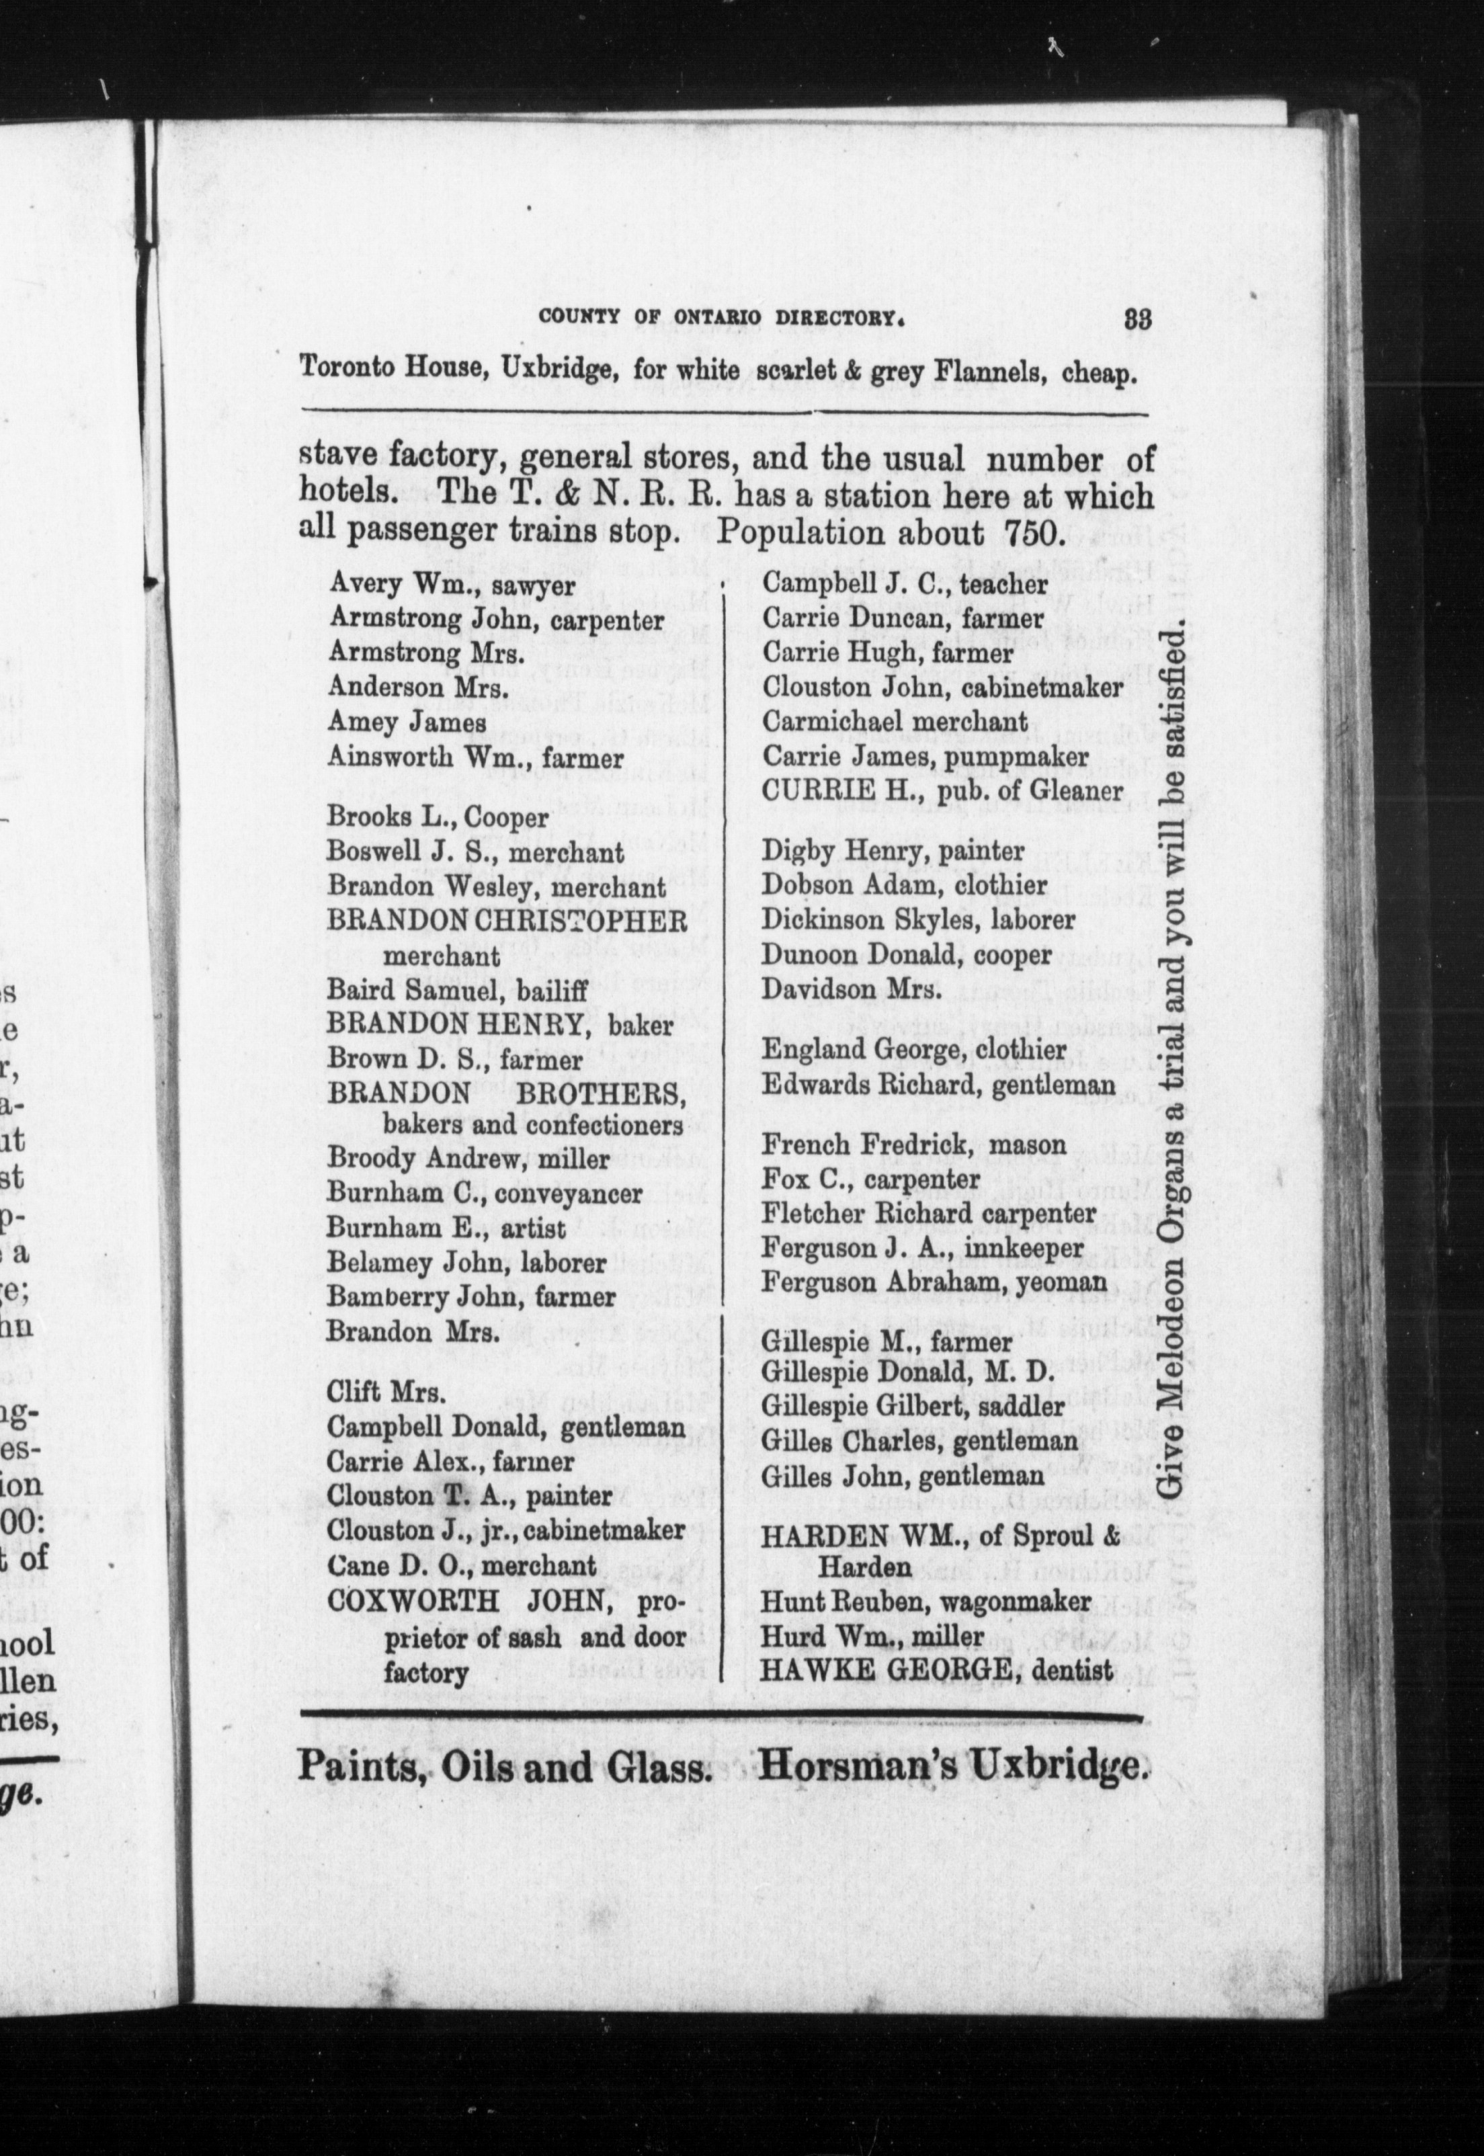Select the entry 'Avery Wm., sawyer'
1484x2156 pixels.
click(x=452, y=586)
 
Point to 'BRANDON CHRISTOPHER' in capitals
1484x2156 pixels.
click(x=507, y=921)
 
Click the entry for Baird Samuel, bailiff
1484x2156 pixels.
click(x=456, y=992)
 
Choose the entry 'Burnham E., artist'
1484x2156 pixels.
click(x=446, y=1228)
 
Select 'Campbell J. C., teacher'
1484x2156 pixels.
click(x=905, y=584)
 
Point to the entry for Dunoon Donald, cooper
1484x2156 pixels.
click(x=907, y=955)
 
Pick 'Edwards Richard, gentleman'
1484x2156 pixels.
click(x=938, y=1085)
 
